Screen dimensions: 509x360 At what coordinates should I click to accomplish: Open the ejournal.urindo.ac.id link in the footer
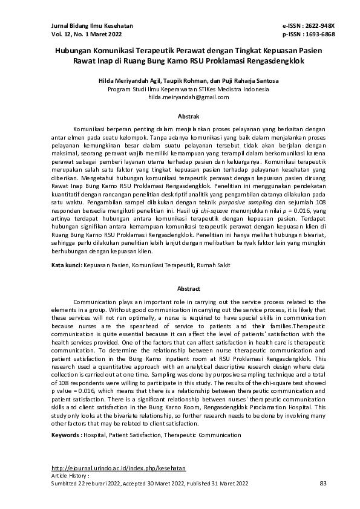coord(119,468)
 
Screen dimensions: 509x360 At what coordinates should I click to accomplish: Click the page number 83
coord(322,483)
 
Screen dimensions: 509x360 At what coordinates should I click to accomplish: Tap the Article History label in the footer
coord(67,476)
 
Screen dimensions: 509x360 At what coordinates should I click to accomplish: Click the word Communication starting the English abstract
coord(94,301)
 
